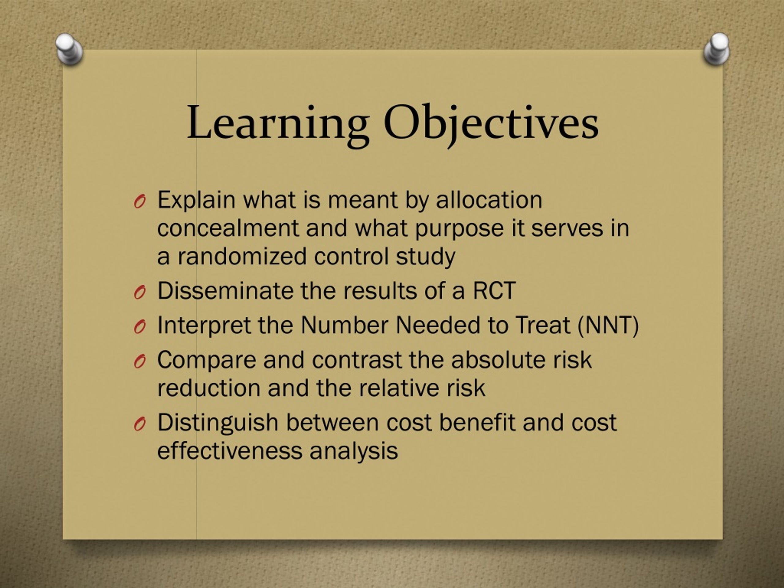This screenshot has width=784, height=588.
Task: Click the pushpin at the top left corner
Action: [69, 49]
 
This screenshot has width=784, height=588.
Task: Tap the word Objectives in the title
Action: [491, 123]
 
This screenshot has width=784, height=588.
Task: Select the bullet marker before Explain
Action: [140, 202]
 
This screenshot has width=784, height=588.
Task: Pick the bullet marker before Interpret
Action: [140, 327]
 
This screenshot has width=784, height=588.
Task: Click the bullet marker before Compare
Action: [140, 361]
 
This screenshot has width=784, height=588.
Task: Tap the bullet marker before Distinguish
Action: [140, 424]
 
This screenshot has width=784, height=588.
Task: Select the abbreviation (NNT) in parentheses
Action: [608, 325]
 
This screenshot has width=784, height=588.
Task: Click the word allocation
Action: [489, 200]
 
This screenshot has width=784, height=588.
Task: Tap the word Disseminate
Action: [225, 291]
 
